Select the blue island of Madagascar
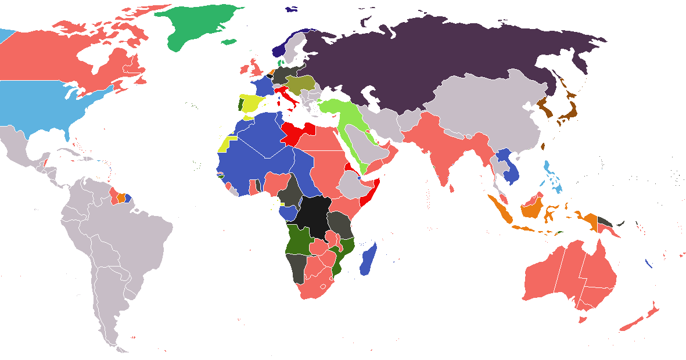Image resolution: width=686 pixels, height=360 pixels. click(369, 260)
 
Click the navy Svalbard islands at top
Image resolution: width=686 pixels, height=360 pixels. click(291, 9)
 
